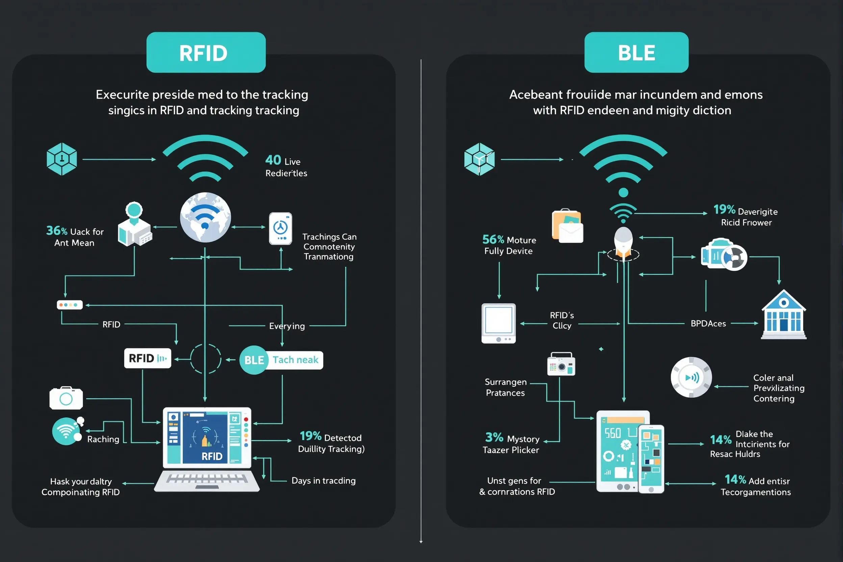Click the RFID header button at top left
(206, 52)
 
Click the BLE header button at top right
(636, 52)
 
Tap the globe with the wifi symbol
(205, 217)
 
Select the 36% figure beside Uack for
(57, 230)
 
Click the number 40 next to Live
(273, 160)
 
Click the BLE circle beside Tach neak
(254, 360)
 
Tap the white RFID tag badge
(147, 358)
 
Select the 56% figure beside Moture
(493, 239)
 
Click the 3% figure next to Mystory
(494, 437)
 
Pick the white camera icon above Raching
(66, 398)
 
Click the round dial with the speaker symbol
(691, 377)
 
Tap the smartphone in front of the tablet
(651, 459)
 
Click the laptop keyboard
(207, 479)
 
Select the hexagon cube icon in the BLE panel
(479, 159)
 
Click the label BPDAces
(708, 324)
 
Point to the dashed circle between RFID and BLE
(206, 359)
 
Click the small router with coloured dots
(70, 305)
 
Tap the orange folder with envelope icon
(567, 226)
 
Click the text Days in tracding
(323, 481)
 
